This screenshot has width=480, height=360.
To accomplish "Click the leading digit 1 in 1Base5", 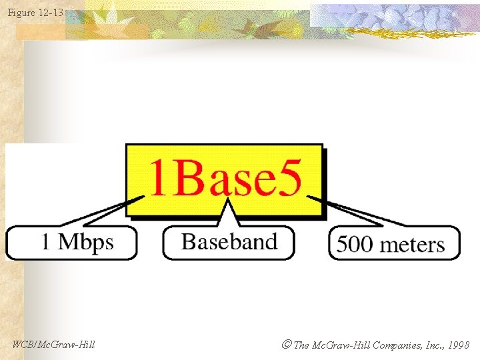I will pos(158,179).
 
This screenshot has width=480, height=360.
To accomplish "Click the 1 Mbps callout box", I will pos(71,242).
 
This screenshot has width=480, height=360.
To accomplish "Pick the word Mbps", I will pos(86,242).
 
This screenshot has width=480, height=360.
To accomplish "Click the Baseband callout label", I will pos(229,242).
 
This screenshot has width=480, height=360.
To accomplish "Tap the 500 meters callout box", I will pos(393,243).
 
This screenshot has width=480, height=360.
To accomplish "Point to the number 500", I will pos(355,244).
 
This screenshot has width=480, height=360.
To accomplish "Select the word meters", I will pos(412,244).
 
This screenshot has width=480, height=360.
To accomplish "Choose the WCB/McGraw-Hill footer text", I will pos(53,345).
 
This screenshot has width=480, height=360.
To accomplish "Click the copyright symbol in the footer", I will pos(286,345).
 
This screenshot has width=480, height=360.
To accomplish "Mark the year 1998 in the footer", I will pos(459,345).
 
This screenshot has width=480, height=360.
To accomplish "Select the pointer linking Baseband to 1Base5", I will pos(229,213).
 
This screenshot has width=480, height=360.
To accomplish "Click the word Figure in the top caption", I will pos(21,12).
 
